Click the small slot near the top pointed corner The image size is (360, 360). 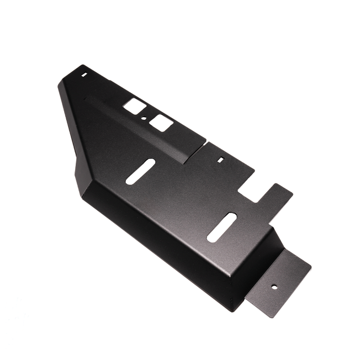[84, 73]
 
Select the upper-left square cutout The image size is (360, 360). [135, 107]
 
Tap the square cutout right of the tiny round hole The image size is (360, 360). [160, 123]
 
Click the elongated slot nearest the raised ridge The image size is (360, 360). [140, 171]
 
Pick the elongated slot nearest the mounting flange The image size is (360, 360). [221, 226]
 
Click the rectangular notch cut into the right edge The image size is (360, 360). [255, 188]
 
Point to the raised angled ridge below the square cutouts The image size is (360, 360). [138, 130]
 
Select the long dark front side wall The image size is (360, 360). [160, 243]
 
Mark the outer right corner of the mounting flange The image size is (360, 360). [311, 269]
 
